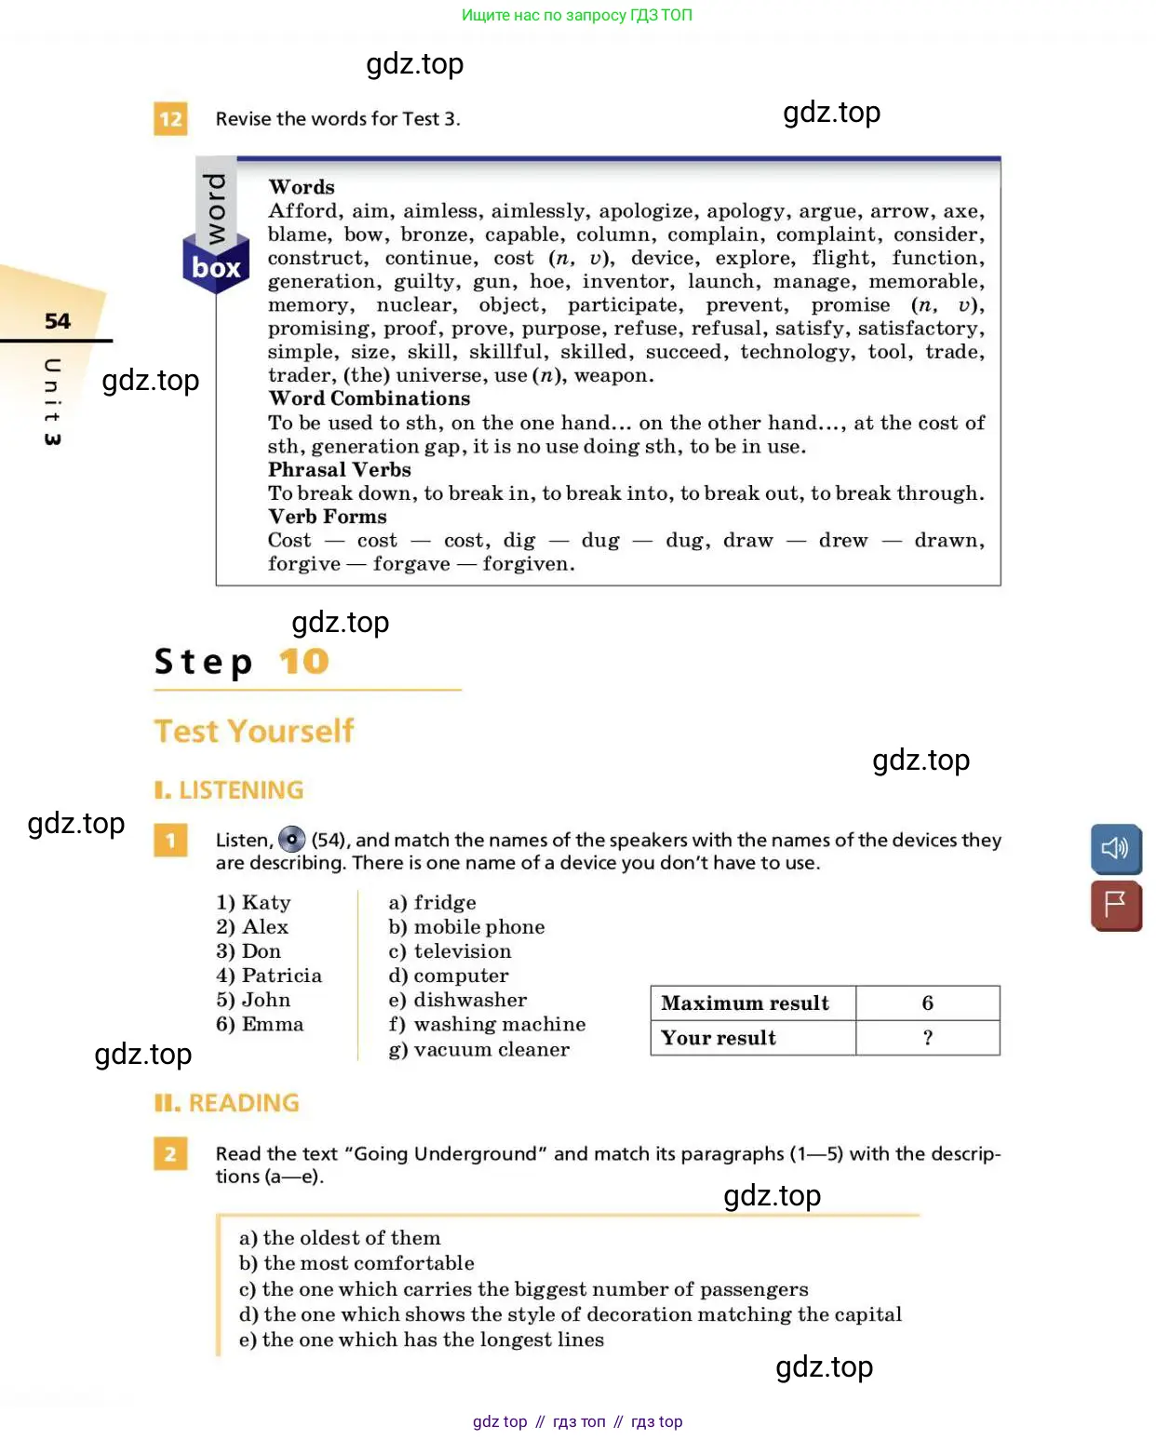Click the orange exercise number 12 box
170,119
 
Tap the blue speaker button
1115,848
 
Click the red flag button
1115,905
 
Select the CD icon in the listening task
292,840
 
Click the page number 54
58,321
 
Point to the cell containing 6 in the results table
927,1003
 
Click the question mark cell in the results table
927,1038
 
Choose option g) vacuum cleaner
478,1049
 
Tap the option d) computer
449,976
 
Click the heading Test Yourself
254,731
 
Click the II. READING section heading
227,1103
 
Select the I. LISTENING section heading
229,790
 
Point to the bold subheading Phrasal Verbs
339,470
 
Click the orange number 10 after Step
303,662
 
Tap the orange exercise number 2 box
170,1154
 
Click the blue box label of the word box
216,268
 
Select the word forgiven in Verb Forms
528,564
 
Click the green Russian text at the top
577,15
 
